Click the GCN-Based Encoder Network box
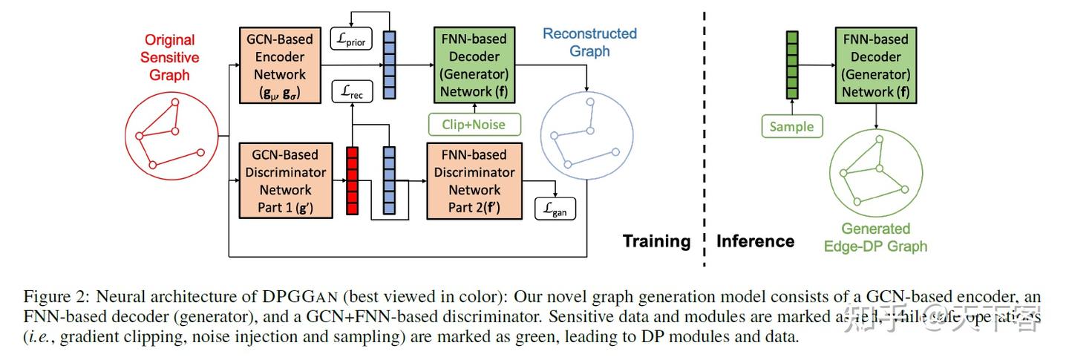tap(279, 66)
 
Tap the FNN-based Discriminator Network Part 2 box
tap(474, 181)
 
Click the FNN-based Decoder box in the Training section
tap(474, 66)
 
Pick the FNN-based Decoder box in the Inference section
tap(875, 66)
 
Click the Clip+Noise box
tap(474, 124)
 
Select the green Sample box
tap(791, 127)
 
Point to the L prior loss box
tap(351, 39)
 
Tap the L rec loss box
tap(351, 92)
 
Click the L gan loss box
tap(555, 209)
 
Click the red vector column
tap(352, 181)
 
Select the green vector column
tap(792, 65)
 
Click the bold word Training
tap(656, 241)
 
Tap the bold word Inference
tap(754, 241)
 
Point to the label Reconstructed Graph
tap(589, 42)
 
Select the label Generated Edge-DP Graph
tap(875, 238)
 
